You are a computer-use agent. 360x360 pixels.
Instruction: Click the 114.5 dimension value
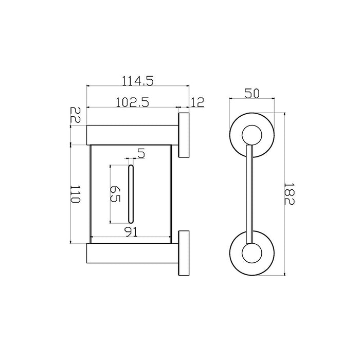137,81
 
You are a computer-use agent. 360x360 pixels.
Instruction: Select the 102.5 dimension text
132,102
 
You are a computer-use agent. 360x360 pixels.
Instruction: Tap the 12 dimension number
197,102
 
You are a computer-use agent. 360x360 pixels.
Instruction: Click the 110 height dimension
75,194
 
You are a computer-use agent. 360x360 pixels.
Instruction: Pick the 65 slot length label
115,194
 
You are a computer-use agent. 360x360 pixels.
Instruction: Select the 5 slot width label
141,153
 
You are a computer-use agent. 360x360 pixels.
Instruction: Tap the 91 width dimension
131,232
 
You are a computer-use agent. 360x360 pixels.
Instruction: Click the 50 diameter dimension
252,94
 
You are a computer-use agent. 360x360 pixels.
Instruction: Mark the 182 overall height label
289,194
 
